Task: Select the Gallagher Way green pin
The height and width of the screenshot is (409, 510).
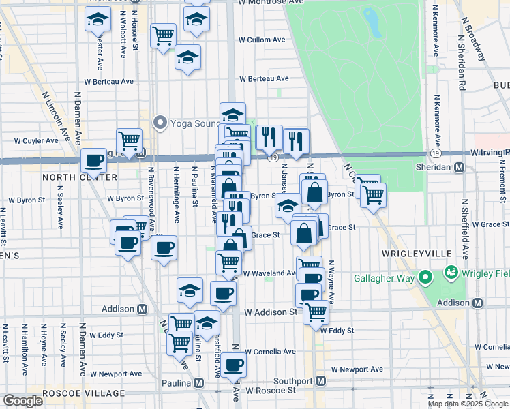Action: click(x=425, y=277)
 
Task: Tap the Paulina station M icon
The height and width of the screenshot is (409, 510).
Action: click(x=199, y=383)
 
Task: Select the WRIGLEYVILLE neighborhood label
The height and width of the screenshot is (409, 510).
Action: click(x=418, y=253)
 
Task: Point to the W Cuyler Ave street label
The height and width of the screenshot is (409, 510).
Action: click(x=36, y=141)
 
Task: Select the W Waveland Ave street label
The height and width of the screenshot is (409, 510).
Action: click(x=269, y=273)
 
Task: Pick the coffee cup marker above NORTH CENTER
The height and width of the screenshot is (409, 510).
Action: click(x=93, y=162)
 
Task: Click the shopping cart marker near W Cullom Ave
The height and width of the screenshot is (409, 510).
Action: click(x=163, y=35)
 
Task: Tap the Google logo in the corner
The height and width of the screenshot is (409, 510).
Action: click(x=22, y=402)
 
